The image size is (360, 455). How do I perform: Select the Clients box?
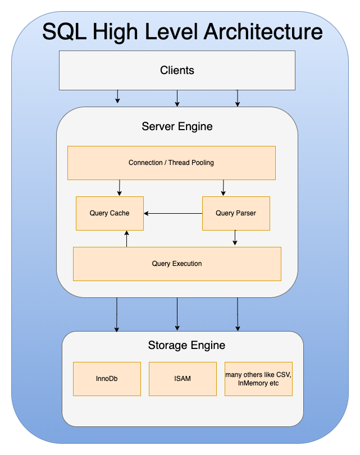point(177,70)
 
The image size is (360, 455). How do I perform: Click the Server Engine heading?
point(177,126)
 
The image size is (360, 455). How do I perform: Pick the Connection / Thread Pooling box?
point(171,163)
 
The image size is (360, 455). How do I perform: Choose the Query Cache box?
point(110,213)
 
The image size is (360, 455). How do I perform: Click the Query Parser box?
point(236,213)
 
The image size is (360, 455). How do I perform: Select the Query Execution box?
point(177,264)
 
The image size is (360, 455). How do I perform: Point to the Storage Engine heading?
point(186,345)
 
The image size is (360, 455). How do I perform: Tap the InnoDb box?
point(107,379)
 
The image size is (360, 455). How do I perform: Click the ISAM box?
point(183,379)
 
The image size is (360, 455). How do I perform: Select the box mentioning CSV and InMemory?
point(258,379)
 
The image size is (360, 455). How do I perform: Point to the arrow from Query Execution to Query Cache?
point(126,238)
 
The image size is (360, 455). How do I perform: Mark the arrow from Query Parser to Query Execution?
point(235,238)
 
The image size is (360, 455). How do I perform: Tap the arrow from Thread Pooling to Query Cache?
point(120,188)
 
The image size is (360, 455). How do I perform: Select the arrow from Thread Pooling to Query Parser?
point(224,188)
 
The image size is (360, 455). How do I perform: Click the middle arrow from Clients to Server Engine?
point(177,98)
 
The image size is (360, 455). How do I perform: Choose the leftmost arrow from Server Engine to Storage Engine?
point(117,314)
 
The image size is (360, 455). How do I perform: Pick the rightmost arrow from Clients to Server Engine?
point(238,98)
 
